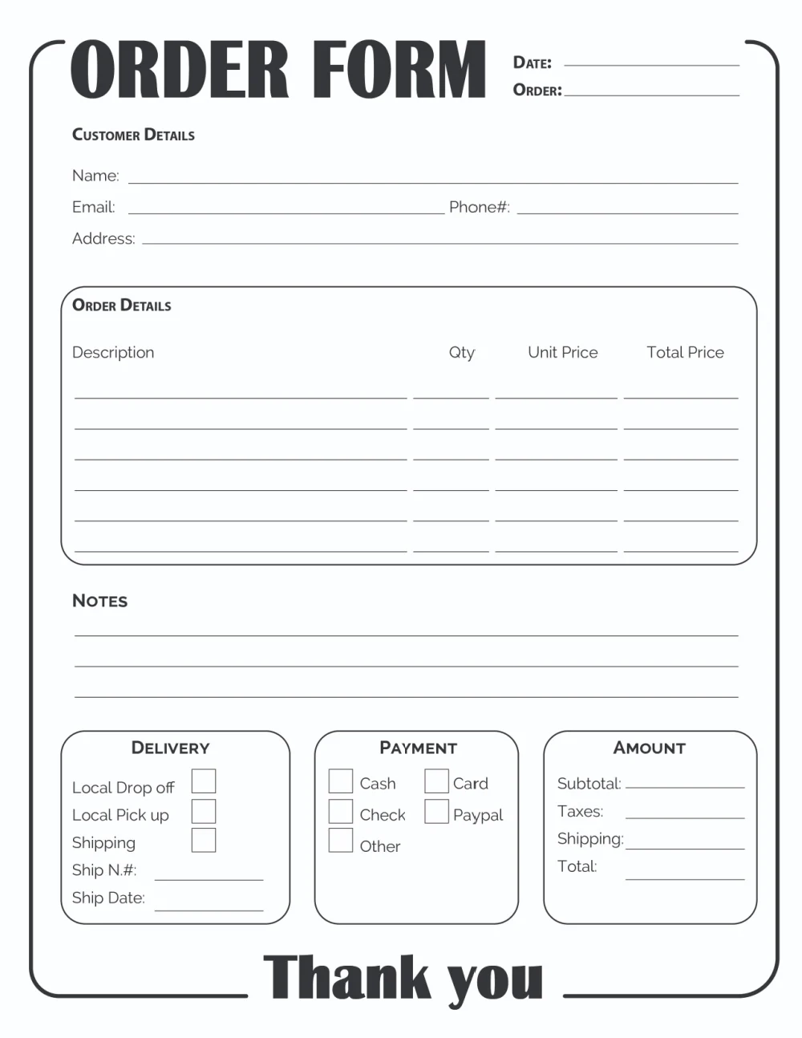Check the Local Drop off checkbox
point(204,781)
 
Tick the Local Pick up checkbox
point(204,811)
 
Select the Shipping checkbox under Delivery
point(204,840)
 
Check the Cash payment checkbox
point(341,781)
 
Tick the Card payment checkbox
point(436,781)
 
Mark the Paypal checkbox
point(436,811)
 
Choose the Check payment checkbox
point(341,811)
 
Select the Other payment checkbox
point(341,840)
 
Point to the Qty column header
point(462,353)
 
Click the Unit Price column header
point(562,352)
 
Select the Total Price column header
point(685,352)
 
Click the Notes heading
point(99,601)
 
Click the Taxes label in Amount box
point(580,811)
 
